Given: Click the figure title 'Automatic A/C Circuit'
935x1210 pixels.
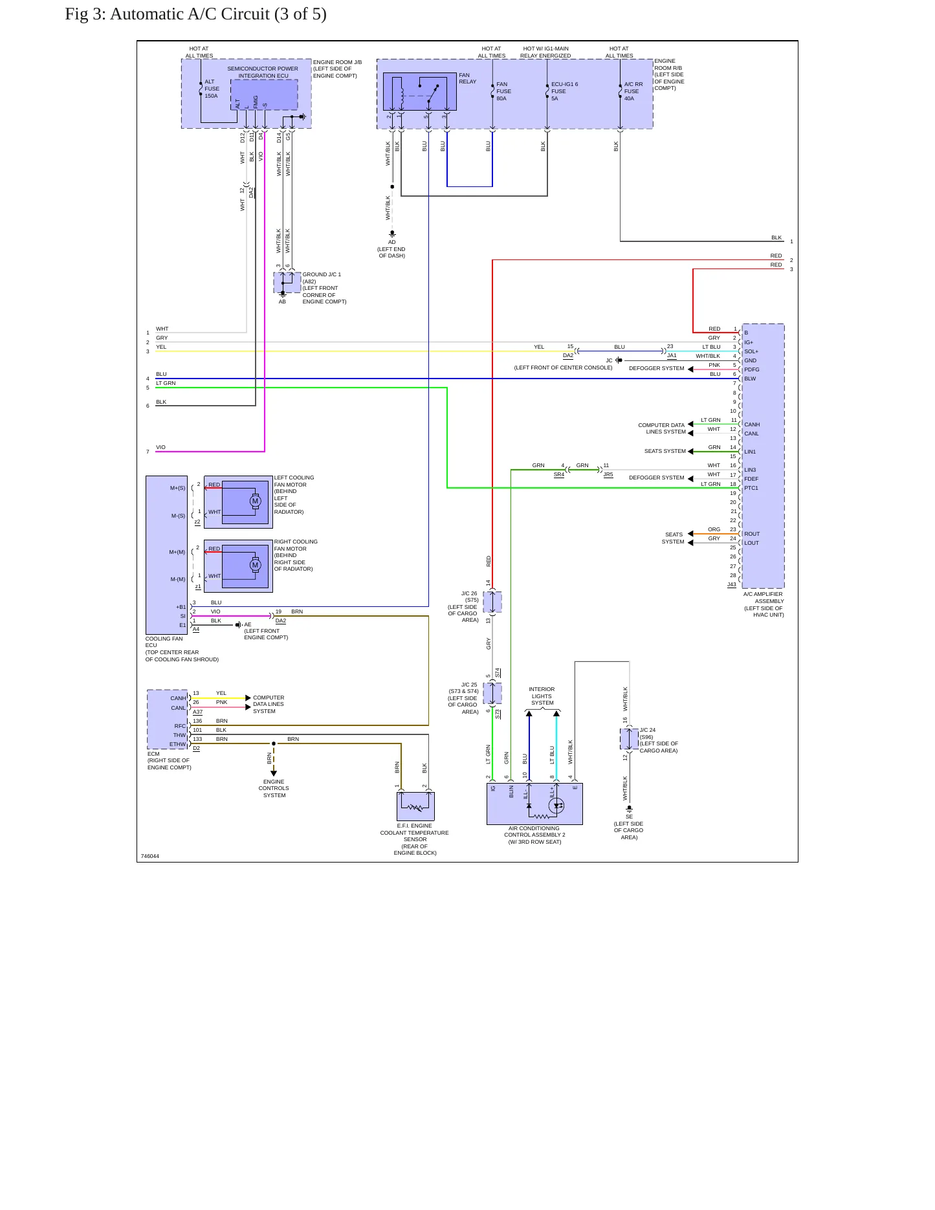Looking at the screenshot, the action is click(x=190, y=14).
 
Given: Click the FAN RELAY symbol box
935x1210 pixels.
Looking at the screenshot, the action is click(x=420, y=91).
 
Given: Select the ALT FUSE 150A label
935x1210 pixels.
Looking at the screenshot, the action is click(x=212, y=89).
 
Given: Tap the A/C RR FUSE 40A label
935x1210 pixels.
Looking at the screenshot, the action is click(x=633, y=91).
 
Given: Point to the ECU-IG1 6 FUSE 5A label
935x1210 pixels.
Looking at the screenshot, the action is click(x=564, y=91).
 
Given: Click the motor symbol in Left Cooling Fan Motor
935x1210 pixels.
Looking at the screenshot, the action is click(x=255, y=501).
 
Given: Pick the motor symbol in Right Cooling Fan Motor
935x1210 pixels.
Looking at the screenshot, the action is click(x=255, y=565).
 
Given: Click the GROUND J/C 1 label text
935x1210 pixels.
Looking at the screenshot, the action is click(x=322, y=274).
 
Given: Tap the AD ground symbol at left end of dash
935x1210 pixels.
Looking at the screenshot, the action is click(x=392, y=234).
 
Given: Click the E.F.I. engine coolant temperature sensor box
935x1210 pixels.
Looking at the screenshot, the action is click(x=415, y=806).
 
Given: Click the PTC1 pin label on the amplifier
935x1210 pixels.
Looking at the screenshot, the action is click(x=751, y=488).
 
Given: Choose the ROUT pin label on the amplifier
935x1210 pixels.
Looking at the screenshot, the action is click(x=752, y=534).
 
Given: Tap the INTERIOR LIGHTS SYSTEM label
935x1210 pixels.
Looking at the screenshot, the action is click(x=542, y=696).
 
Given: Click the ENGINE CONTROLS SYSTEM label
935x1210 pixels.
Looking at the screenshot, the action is click(x=274, y=788).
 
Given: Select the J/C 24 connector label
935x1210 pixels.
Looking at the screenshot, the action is click(x=648, y=730).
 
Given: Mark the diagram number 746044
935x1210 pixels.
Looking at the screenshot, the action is click(x=149, y=856).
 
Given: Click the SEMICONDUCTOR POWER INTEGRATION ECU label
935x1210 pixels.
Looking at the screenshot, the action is click(x=263, y=72).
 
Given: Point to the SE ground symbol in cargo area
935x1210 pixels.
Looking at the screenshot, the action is click(x=629, y=809).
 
